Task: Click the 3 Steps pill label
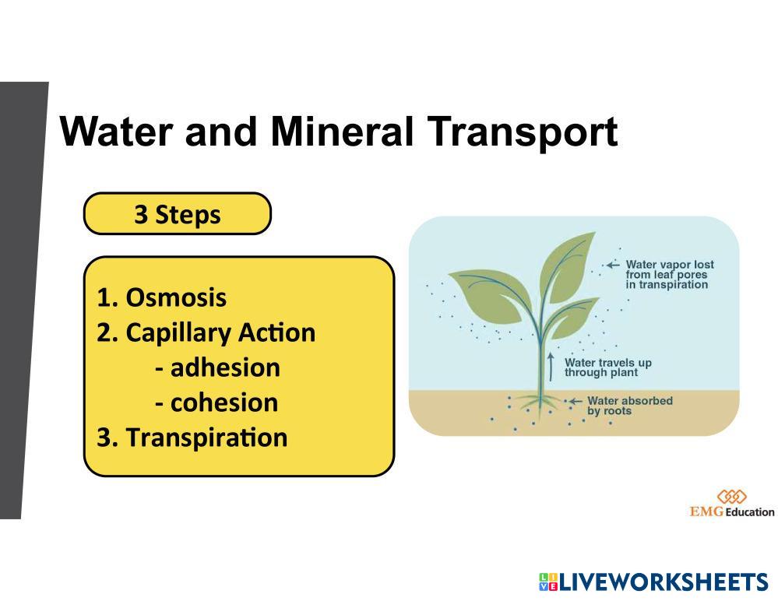tap(177, 214)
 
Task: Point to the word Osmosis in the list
tap(176, 297)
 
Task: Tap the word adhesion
tap(225, 367)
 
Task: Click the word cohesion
tap(224, 402)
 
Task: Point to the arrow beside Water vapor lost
tap(613, 265)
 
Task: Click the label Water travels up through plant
tap(607, 367)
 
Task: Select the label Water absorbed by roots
tap(629, 406)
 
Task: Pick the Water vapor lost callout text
tap(670, 274)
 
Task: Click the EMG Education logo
tap(731, 504)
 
